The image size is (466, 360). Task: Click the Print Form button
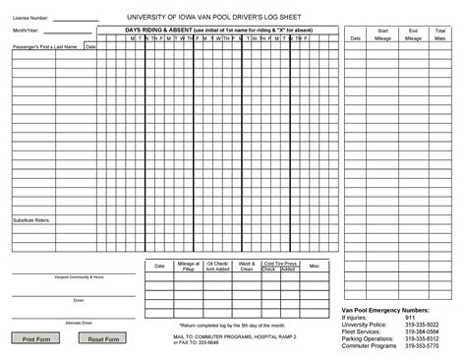[x=35, y=338]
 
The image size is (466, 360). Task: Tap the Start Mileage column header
[x=383, y=35]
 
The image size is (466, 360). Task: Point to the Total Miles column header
[x=440, y=35]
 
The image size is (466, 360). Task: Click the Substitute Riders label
[x=31, y=220]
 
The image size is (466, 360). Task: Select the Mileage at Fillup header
[x=189, y=266]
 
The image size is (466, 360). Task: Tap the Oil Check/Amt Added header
[x=217, y=266]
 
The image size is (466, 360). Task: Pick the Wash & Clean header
[x=247, y=266]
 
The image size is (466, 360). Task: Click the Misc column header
[x=315, y=266]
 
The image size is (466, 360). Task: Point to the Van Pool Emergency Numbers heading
[x=385, y=310]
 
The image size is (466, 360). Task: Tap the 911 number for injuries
[x=410, y=317]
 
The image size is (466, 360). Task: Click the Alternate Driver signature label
[x=79, y=323]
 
